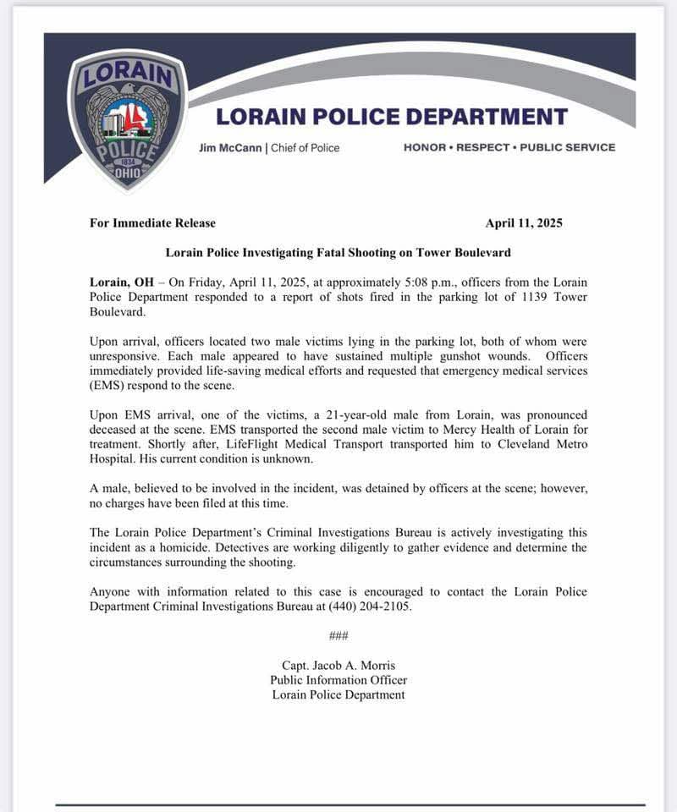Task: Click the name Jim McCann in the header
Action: coord(230,147)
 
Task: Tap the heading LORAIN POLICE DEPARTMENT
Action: coord(392,116)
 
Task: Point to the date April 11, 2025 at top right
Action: coord(524,223)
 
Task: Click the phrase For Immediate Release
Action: coord(152,223)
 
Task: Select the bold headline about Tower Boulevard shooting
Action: coord(338,252)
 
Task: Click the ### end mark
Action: coord(338,635)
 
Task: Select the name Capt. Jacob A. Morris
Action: coord(338,665)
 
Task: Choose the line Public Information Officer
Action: coord(338,680)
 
